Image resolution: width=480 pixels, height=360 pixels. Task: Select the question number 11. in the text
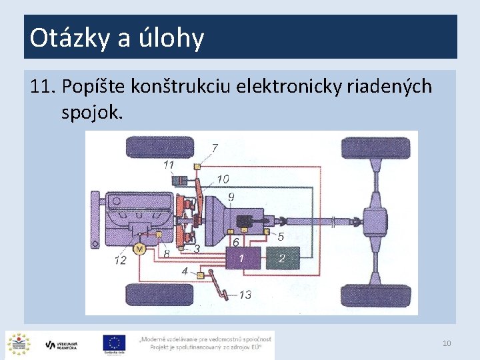coord(43,87)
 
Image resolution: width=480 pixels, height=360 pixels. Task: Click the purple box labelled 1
coord(242,257)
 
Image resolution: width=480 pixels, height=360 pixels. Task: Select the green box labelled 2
coord(283,257)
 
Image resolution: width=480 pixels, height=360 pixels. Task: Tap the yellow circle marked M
coord(139,249)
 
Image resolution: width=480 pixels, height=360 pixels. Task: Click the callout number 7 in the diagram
coord(215,147)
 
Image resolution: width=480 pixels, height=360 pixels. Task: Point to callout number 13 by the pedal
coord(245,294)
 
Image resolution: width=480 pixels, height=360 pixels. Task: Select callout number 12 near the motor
coord(120,260)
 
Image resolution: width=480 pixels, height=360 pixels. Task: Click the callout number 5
coord(281,236)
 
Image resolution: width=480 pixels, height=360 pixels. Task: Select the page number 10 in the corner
coord(447,343)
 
